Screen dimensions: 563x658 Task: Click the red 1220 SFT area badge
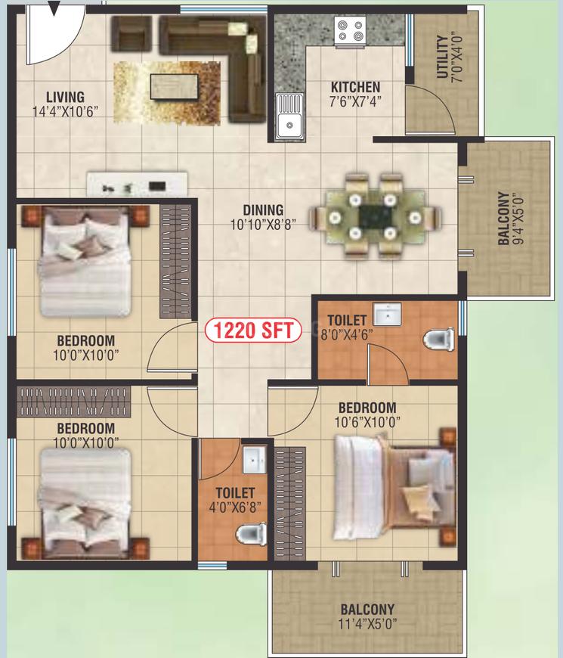point(253,331)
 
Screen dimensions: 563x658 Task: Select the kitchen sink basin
point(289,116)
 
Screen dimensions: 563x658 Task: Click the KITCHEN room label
point(355,87)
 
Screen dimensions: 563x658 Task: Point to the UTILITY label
point(442,57)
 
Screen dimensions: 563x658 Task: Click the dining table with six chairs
point(375,216)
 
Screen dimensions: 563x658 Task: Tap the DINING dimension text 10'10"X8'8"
point(263,225)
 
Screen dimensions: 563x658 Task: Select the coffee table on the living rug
point(174,86)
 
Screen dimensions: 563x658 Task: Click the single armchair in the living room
point(131,34)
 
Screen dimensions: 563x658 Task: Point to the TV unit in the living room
point(137,183)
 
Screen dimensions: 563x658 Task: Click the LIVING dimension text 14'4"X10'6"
point(65,112)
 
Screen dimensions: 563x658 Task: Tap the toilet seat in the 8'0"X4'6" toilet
point(438,339)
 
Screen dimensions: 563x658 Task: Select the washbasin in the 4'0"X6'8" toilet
point(254,460)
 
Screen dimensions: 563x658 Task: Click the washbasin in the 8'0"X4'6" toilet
point(387,314)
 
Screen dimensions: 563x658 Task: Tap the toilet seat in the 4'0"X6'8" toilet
point(251,534)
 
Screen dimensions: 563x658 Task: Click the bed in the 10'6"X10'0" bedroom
point(394,488)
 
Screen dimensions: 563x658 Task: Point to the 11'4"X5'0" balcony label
point(367,616)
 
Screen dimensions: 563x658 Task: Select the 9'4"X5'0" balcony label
point(510,219)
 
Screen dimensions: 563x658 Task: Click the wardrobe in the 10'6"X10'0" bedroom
point(290,503)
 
